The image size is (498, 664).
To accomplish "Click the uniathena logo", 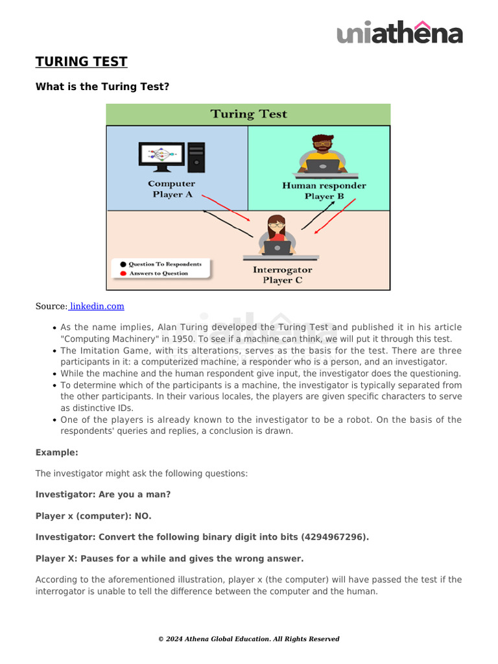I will coord(399,32).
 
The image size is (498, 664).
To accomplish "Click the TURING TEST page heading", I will coord(81,62).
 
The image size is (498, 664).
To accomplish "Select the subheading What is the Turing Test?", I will coord(102,86).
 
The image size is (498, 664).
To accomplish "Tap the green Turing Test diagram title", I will coord(248,114).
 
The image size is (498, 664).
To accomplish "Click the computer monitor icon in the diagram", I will coord(162,156).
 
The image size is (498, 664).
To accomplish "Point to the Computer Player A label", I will coord(172,189).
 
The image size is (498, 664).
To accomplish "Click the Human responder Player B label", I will coord(324,191).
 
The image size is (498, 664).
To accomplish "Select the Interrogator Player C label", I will coord(282,275).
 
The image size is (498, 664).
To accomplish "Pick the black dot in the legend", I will coord(123,265).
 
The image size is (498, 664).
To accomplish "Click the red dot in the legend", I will coord(123,274).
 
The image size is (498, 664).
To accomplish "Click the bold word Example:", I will coord(56,453).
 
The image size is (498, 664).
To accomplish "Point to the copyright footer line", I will coord(248,639).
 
